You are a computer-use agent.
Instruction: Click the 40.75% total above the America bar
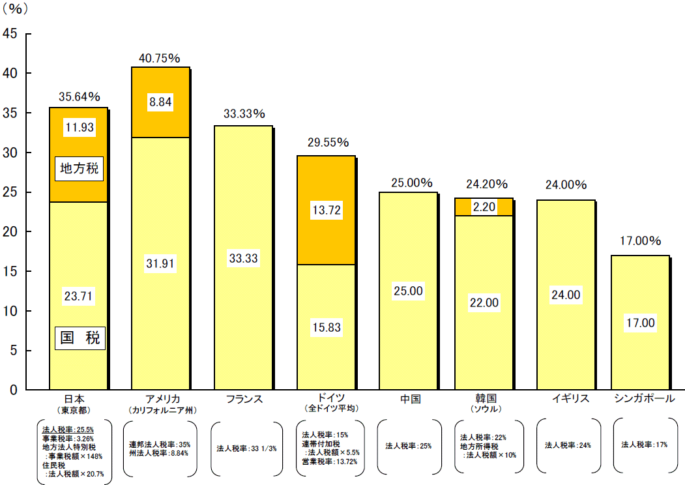point(159,58)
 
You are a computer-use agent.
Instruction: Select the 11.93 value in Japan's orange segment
point(79,128)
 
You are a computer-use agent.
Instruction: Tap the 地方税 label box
point(79,169)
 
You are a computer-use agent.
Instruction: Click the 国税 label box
point(79,338)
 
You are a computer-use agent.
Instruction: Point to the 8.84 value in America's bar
point(161,102)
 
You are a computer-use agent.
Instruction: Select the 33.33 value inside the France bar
point(243,258)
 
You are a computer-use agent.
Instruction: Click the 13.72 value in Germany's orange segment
point(326,211)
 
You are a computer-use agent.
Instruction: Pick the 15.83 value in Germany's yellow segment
point(326,327)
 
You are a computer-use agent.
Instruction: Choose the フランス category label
point(243,399)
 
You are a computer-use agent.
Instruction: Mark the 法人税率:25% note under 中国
point(408,446)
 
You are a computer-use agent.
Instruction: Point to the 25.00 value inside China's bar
point(408,291)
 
